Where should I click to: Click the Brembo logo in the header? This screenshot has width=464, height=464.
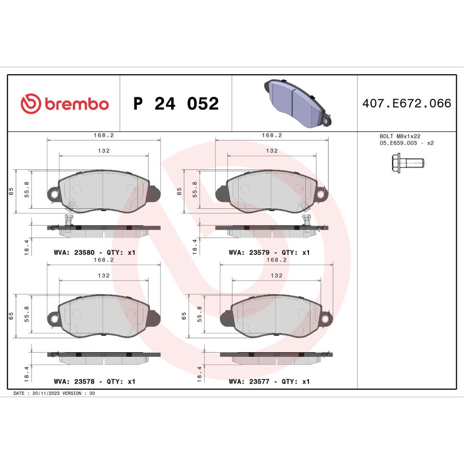64,103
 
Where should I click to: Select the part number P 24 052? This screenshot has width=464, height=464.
176,103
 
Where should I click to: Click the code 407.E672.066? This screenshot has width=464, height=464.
407,103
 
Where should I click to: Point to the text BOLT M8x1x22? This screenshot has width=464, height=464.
400,136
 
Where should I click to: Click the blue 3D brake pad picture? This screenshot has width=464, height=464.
297,103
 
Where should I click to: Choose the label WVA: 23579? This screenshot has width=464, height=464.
249,252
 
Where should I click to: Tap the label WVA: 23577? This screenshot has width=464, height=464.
249,381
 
